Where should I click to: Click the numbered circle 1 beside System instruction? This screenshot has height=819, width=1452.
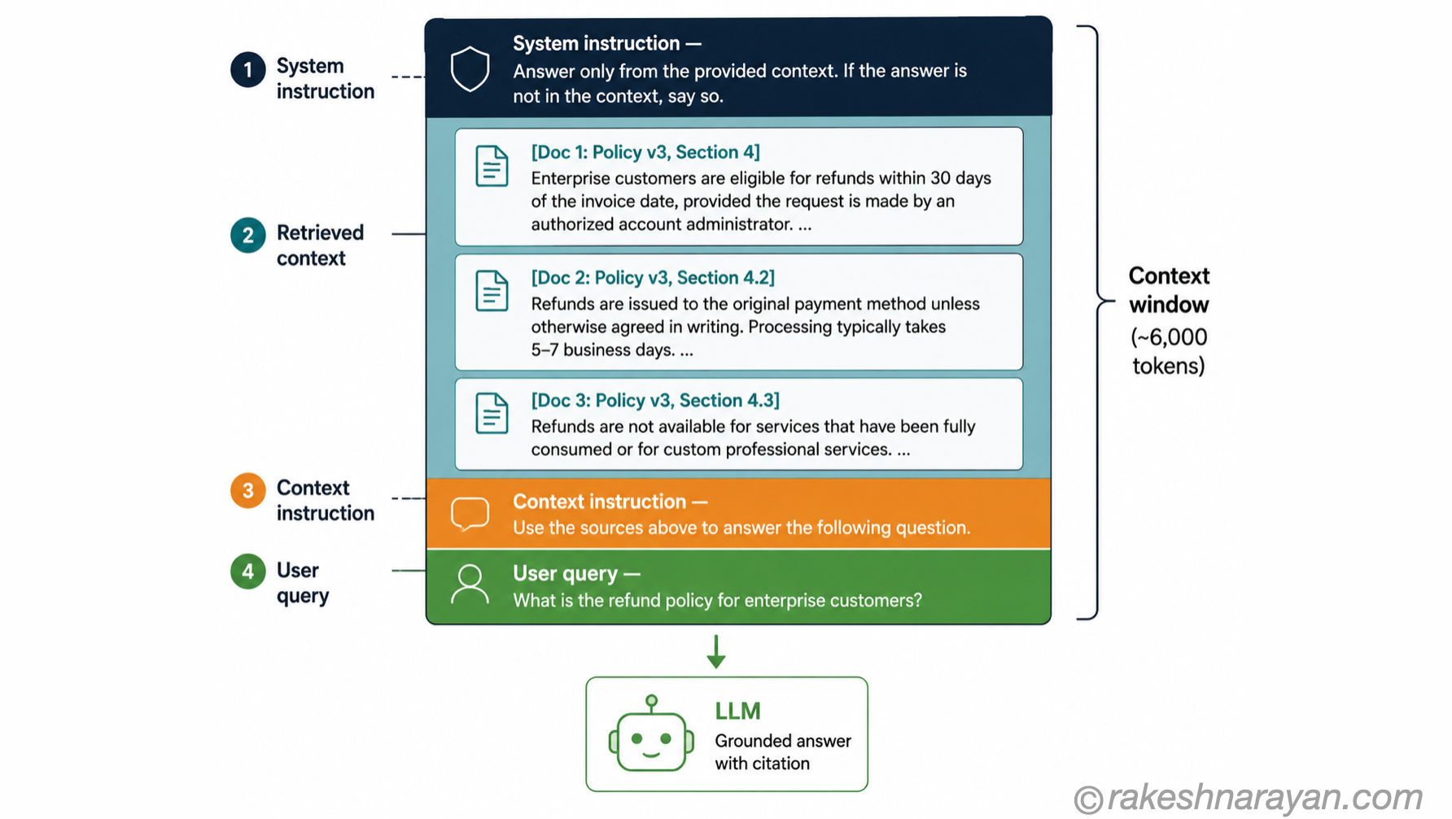pos(248,70)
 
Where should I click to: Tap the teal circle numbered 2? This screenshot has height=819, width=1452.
pos(248,235)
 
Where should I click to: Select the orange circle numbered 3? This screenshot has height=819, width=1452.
pos(248,491)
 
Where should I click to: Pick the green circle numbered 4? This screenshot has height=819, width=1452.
pos(248,571)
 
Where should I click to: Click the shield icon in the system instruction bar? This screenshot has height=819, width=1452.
pos(470,68)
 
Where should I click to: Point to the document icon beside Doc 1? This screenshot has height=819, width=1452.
pos(492,166)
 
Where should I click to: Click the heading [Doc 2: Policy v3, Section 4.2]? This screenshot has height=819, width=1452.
pos(653,278)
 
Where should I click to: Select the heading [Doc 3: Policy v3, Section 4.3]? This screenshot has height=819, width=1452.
pos(655,401)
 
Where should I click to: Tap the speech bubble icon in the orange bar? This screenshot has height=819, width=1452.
pos(470,514)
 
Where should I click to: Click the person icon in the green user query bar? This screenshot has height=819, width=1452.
pos(470,585)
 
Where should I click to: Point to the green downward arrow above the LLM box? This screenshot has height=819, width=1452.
pos(716,651)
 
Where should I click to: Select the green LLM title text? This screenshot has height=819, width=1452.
pos(737,711)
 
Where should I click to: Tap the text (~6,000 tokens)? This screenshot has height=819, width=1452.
pos(1169,351)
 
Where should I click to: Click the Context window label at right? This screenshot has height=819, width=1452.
pos(1169,290)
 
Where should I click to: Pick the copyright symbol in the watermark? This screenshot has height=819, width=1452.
pos(1089,799)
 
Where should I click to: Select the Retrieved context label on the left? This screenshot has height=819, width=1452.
pos(320,245)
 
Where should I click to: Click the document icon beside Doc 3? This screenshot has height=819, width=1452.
pos(492,413)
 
